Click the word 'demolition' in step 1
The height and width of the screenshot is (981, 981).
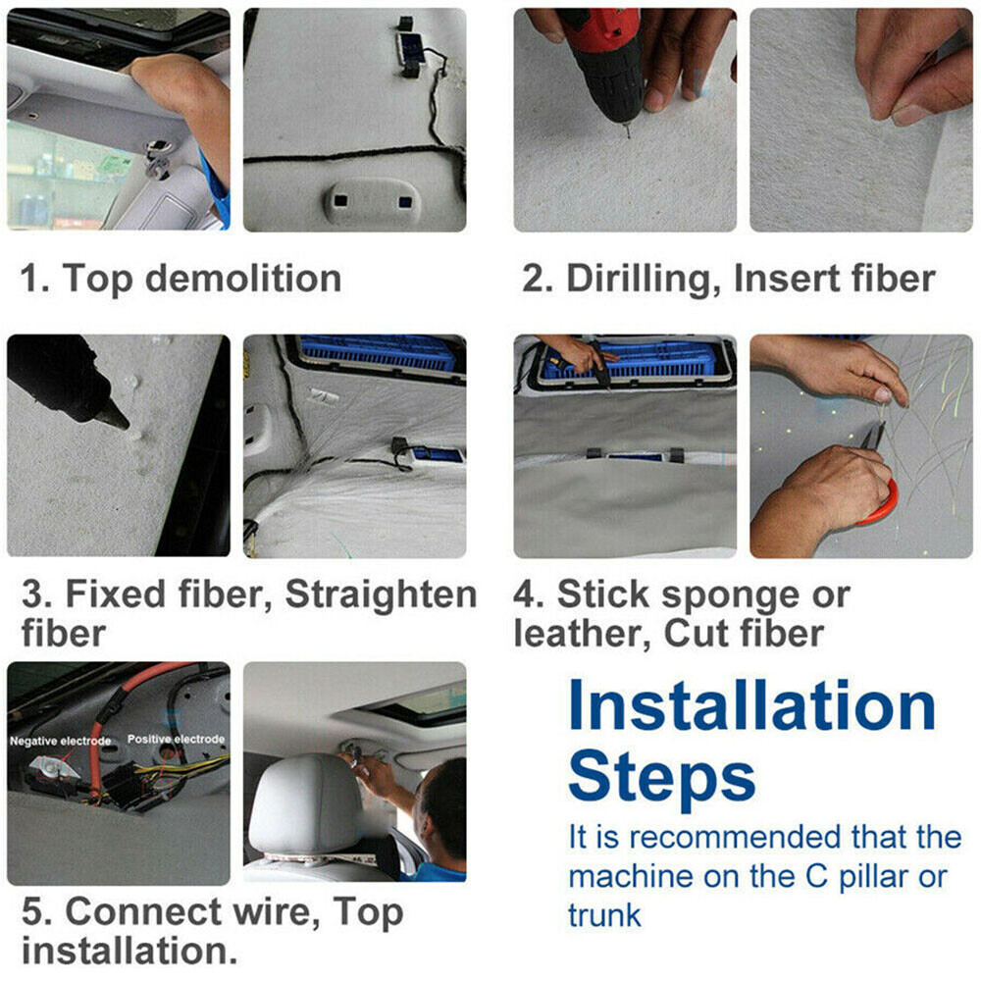243,278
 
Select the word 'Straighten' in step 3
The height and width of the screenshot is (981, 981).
381,594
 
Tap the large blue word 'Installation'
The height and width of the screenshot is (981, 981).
751,705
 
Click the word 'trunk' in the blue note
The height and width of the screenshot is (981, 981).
604,915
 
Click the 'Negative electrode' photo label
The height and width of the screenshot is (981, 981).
60,741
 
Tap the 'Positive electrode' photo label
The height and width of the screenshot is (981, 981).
176,739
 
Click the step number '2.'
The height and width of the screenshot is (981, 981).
538,279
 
